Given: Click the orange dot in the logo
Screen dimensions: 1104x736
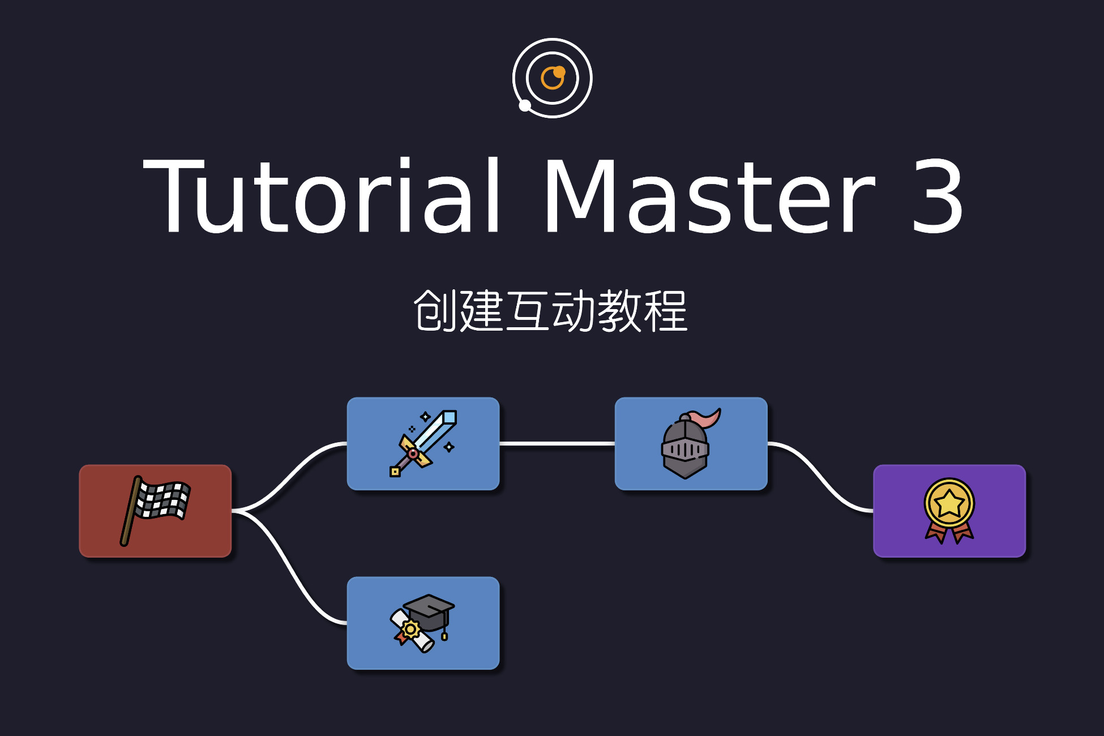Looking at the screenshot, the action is (559, 72).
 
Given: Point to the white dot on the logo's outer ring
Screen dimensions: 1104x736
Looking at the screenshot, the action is (525, 105).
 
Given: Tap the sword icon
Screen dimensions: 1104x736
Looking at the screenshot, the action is (423, 443).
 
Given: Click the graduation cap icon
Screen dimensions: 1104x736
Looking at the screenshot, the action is (422, 623).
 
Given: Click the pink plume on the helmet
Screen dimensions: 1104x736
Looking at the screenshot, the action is (707, 419).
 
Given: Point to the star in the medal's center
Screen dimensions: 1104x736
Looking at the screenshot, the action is (949, 503).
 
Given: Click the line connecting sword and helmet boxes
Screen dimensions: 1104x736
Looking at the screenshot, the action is (557, 444).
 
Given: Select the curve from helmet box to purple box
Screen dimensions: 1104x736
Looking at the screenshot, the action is (820, 477).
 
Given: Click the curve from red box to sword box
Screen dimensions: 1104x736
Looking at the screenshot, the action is (289, 477).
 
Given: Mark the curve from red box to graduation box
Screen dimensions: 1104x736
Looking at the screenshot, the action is (289, 567).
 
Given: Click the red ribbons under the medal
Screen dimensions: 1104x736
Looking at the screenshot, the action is (949, 533).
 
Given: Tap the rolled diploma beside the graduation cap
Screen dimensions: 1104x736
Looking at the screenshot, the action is (412, 631).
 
